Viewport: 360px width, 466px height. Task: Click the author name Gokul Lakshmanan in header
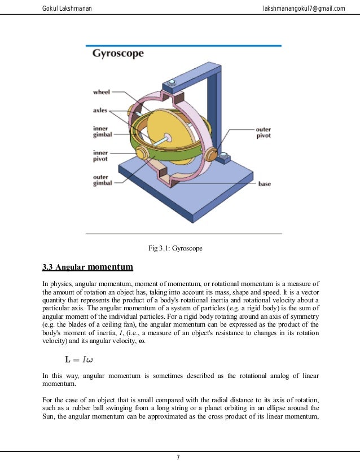(x=68, y=7)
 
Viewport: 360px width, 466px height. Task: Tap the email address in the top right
(x=304, y=7)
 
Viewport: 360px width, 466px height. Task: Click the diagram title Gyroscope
(x=118, y=54)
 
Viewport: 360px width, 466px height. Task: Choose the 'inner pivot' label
(x=101, y=156)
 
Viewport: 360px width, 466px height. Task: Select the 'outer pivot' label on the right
(x=263, y=133)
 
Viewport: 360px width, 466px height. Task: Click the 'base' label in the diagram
(x=265, y=184)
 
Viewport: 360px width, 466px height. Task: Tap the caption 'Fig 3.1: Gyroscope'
(x=175, y=248)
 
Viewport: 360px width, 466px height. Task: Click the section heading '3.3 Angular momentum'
(x=88, y=266)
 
